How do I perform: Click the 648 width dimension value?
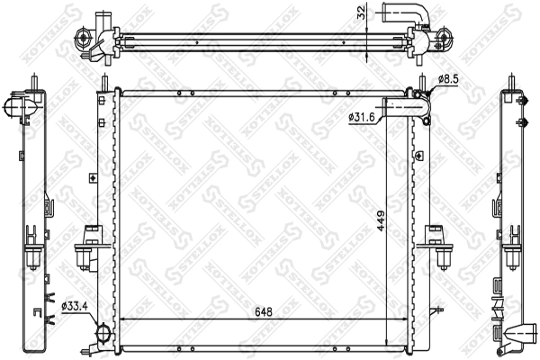tap(264, 312)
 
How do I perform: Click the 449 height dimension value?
tap(381, 220)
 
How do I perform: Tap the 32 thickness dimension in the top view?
tap(361, 13)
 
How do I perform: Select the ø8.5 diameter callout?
tap(448, 79)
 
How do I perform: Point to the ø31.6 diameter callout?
tap(361, 118)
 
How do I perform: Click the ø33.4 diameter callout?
tap(75, 306)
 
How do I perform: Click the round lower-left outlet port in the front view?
tap(103, 333)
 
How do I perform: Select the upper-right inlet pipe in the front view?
tap(407, 107)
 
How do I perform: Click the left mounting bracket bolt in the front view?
tap(84, 258)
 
